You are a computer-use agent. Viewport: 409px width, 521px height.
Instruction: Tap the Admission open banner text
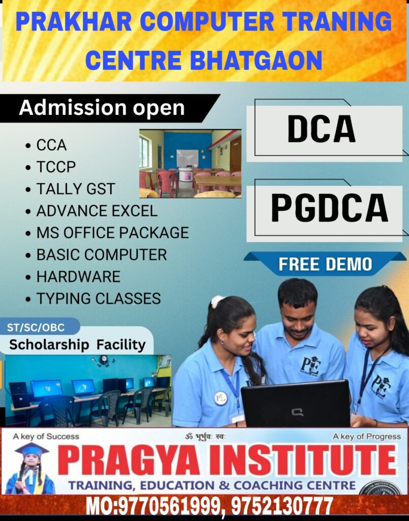point(102,108)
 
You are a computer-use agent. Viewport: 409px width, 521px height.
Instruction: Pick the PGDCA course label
point(329,208)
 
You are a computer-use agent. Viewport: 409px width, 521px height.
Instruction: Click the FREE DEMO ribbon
point(325,264)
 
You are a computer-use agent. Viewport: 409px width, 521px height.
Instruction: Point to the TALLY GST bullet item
point(76,189)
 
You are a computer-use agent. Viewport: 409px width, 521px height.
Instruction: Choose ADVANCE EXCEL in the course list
point(97,211)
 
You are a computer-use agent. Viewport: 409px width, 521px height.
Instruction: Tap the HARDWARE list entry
point(78,276)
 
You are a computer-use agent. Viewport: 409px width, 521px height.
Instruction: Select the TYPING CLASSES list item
point(99,298)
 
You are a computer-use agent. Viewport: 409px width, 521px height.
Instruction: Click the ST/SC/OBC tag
point(36,327)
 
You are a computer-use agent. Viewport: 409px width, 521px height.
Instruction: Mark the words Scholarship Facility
point(77,344)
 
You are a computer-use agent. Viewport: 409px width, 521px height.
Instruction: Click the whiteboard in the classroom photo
point(187,158)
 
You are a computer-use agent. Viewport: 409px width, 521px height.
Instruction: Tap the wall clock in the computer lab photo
point(104,360)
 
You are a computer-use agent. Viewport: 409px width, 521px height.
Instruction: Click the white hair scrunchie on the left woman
point(217,302)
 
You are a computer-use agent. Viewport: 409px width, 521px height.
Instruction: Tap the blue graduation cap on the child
point(32,451)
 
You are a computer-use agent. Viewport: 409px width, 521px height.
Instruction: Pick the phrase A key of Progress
point(366,436)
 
